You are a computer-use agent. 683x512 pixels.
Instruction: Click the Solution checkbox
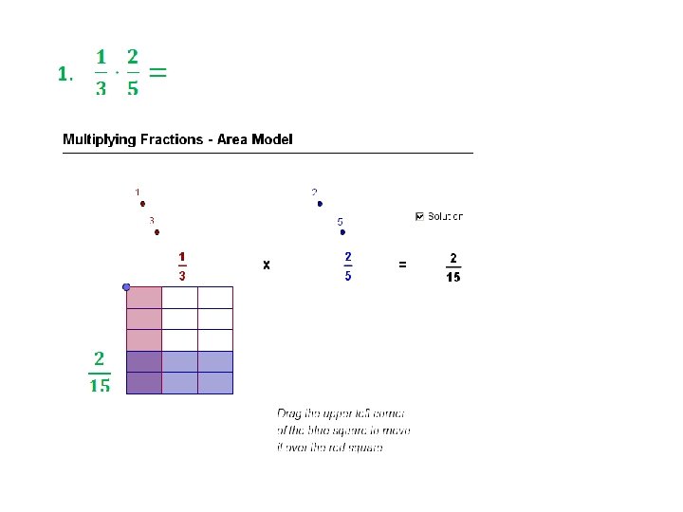[420, 216]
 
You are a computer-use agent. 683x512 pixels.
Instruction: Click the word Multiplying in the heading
[102, 139]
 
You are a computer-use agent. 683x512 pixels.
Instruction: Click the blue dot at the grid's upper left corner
[126, 286]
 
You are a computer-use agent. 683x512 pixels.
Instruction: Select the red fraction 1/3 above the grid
[181, 265]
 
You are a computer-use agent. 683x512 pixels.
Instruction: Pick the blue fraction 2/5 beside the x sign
[348, 265]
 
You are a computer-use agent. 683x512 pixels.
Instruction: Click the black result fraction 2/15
[453, 266]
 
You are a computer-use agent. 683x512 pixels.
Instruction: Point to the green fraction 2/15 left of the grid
[100, 371]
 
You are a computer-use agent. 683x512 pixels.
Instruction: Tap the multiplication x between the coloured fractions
[267, 265]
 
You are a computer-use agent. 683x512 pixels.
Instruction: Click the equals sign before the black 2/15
[402, 265]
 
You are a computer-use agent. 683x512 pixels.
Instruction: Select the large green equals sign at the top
[159, 72]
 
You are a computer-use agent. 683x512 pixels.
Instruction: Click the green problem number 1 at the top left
[62, 74]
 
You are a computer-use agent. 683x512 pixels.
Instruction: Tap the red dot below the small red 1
[142, 203]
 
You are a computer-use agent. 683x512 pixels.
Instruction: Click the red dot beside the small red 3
[157, 231]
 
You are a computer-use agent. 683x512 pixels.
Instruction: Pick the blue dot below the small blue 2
[320, 204]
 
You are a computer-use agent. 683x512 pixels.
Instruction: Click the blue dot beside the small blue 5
[343, 231]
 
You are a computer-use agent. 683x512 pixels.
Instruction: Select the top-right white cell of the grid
[214, 298]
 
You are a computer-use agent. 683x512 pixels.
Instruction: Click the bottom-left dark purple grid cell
[144, 382]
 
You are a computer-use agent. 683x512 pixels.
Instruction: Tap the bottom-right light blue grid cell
[214, 382]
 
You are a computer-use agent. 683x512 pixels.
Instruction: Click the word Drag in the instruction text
[288, 413]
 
